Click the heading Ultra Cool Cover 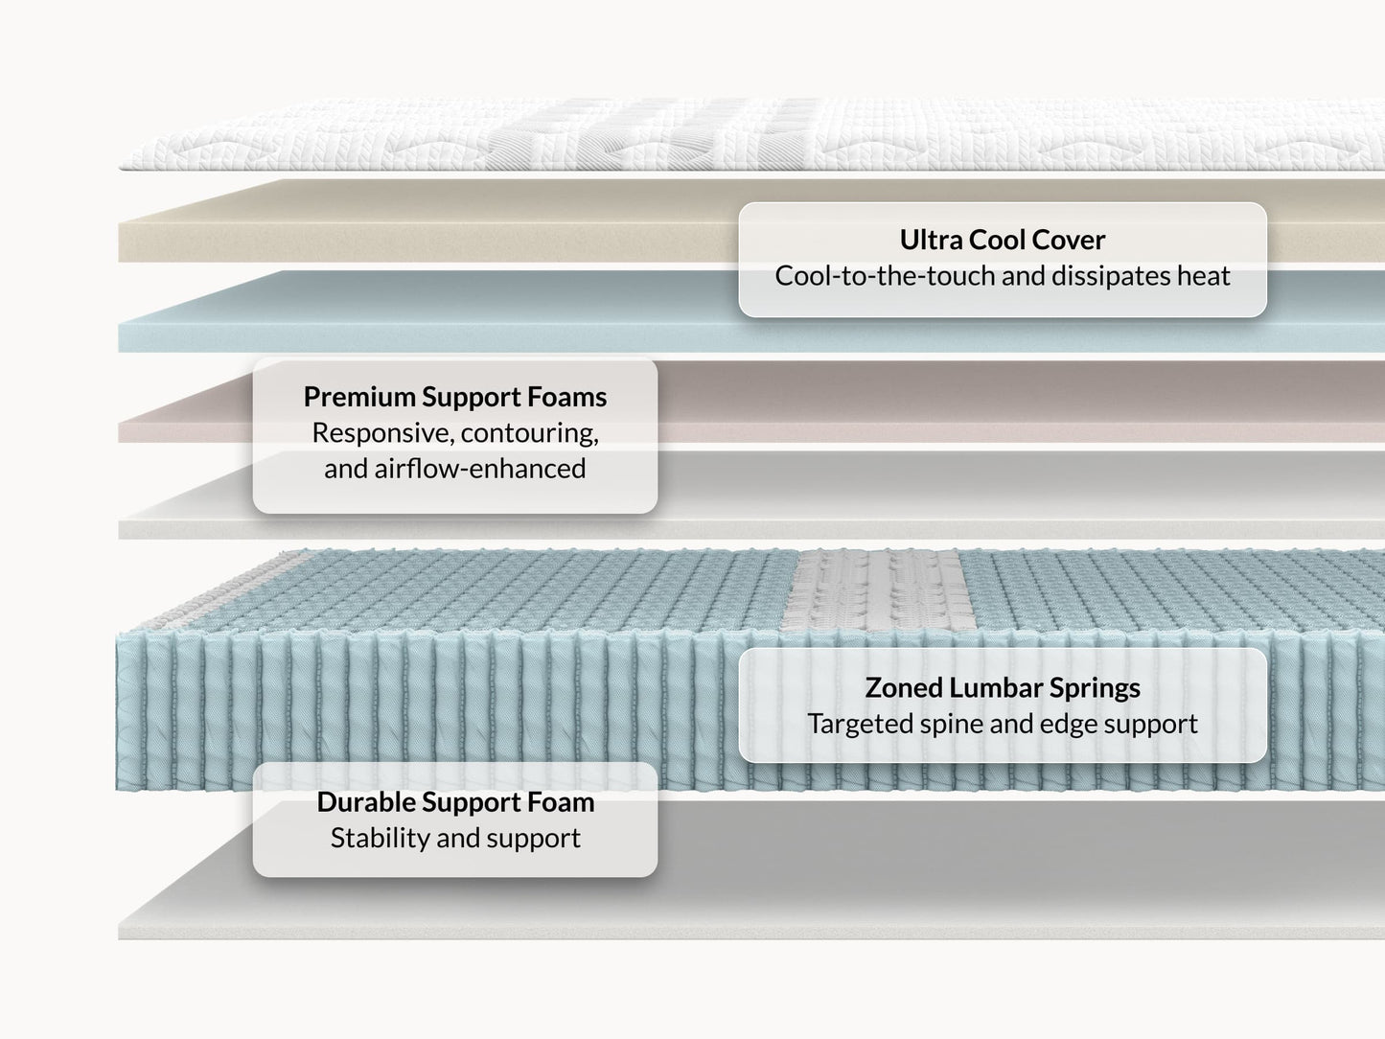pyautogui.click(x=1002, y=240)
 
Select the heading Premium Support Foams pyautogui.click(x=455, y=397)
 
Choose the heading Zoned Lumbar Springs pyautogui.click(x=1002, y=688)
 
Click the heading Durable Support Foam pyautogui.click(x=455, y=802)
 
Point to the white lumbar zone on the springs pyautogui.click(x=877, y=589)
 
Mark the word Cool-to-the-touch pyautogui.click(x=885, y=276)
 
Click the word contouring pyautogui.click(x=529, y=433)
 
